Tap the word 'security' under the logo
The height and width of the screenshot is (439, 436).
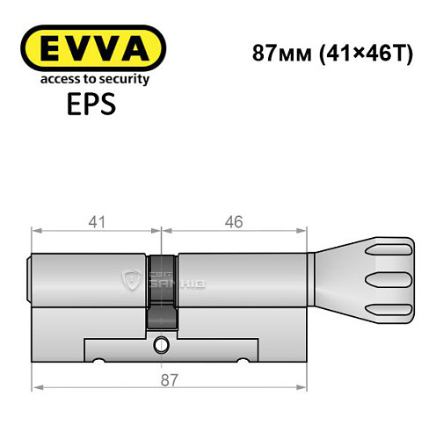coord(127,79)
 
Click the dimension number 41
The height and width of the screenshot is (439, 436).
coord(97,222)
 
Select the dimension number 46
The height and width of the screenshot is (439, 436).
coord(233,222)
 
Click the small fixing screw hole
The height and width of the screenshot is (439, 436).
coord(161,345)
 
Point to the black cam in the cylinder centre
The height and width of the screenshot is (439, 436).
coord(161,290)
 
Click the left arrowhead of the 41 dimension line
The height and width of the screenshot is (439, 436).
coord(37,232)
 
